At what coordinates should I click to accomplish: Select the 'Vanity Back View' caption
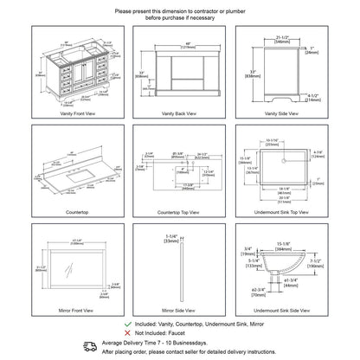[x=179, y=114]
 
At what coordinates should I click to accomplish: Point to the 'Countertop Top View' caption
[x=179, y=209]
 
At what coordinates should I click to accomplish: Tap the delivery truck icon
[x=88, y=344]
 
